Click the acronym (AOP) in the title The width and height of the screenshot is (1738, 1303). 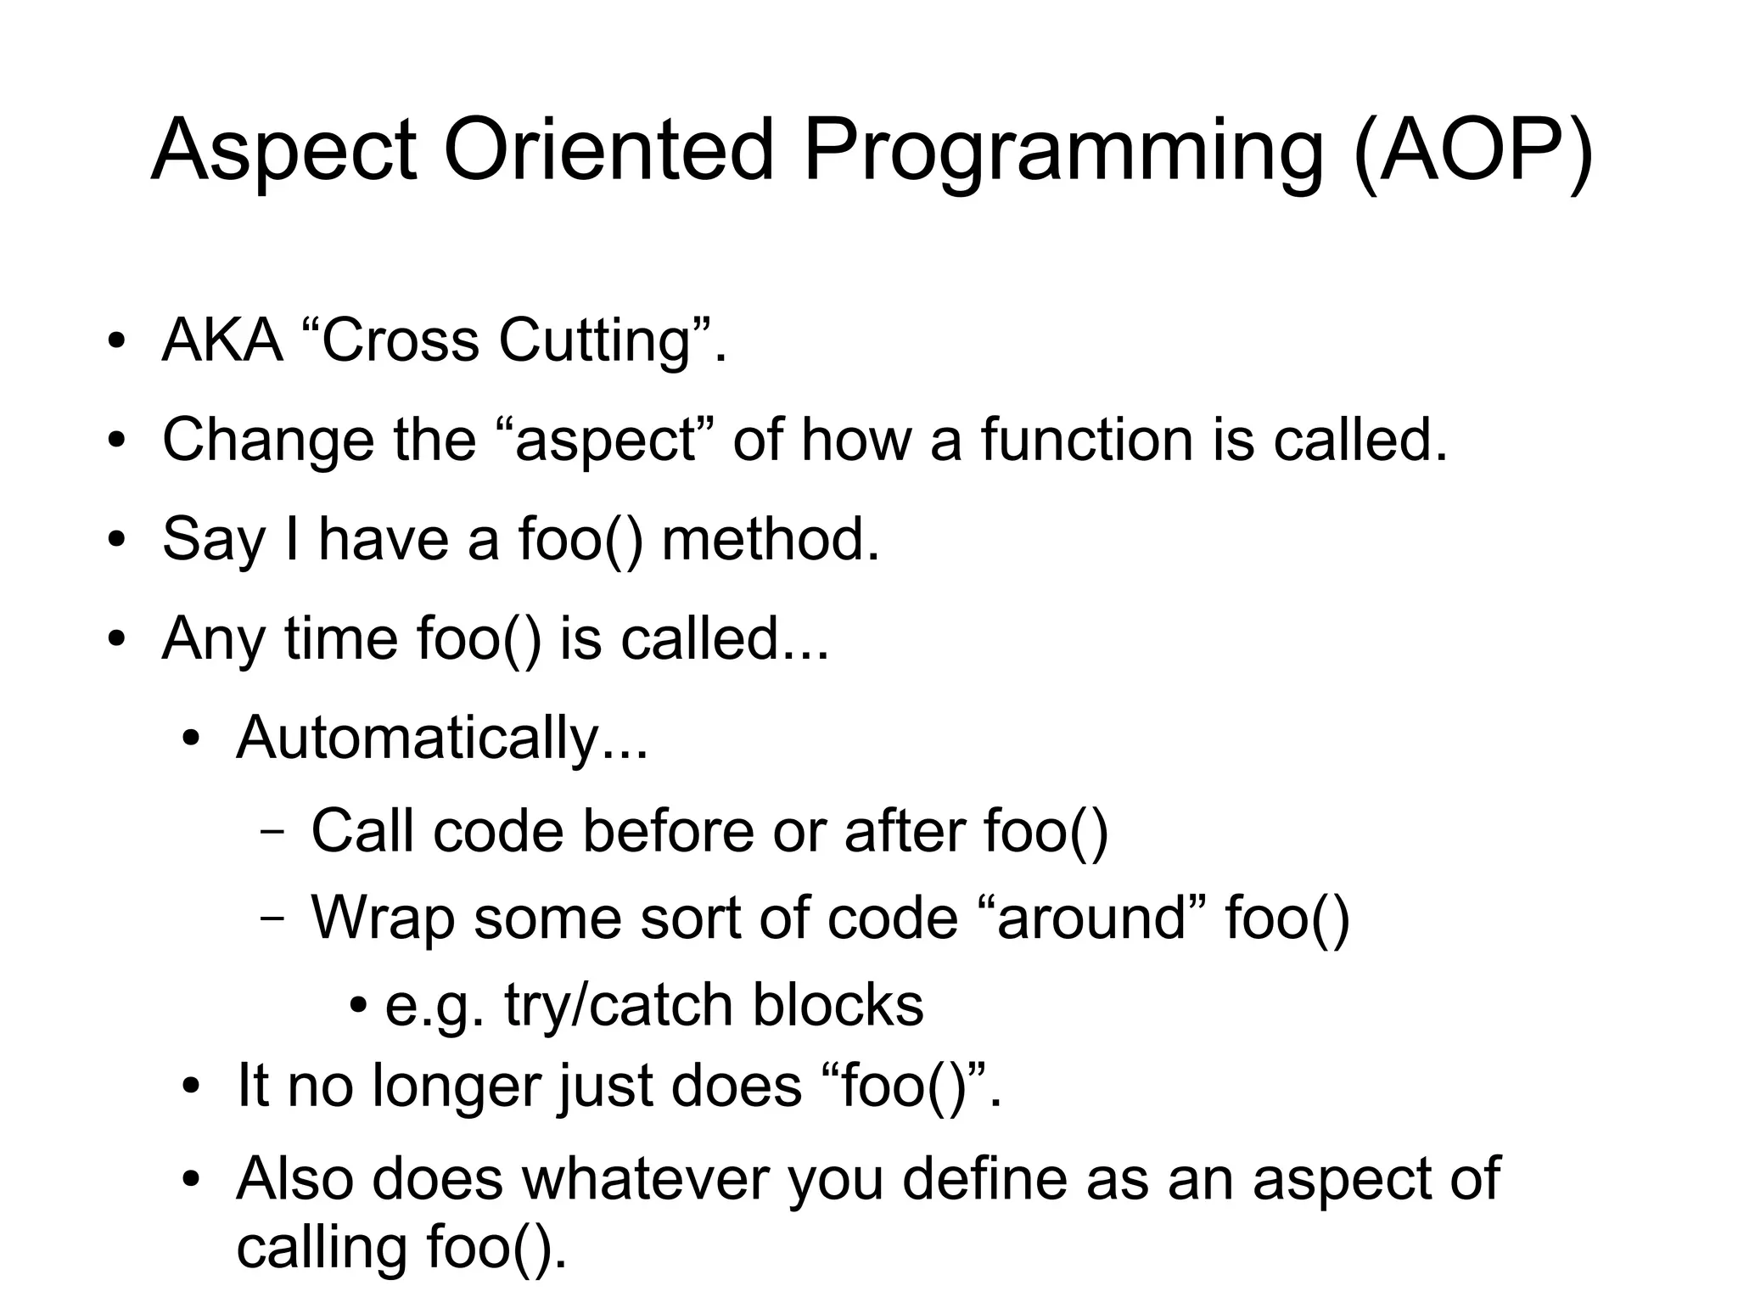click(1473, 151)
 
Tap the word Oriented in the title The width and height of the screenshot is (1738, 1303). click(608, 151)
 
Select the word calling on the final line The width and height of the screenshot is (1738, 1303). click(322, 1248)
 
